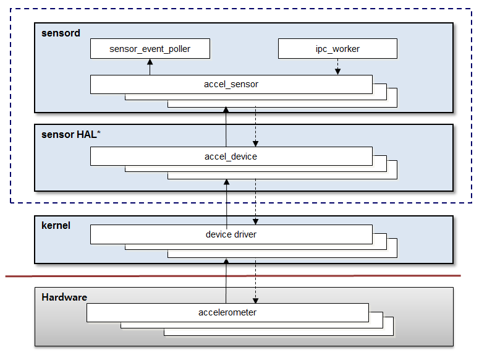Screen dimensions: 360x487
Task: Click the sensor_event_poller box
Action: tap(150, 49)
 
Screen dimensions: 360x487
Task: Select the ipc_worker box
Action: tap(337, 49)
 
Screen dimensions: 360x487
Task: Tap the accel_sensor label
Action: tap(231, 84)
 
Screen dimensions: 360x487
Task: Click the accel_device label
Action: tap(231, 156)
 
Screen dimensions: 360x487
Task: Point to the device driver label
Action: tap(231, 234)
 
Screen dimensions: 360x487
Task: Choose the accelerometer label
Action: tap(227, 312)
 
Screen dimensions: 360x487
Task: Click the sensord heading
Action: tap(61, 33)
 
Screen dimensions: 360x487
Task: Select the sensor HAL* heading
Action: tap(68, 134)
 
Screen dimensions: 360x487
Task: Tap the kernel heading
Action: tap(56, 225)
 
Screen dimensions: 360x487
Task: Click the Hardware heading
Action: tap(64, 297)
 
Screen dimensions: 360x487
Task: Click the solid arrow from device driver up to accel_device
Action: tap(226, 201)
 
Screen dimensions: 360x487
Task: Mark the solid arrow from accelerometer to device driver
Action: tap(226, 281)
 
